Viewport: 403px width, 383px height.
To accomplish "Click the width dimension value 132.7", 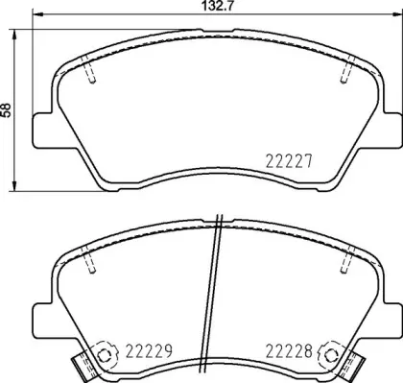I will point(201,7).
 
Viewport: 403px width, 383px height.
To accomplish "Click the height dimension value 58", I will point(9,110).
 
